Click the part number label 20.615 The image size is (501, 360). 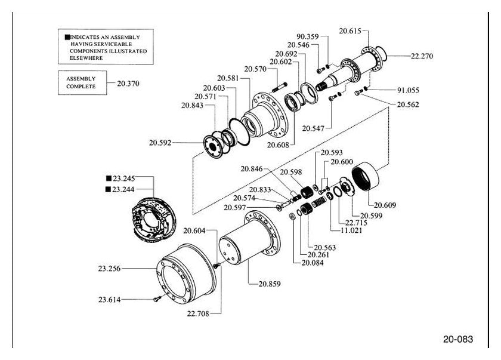coord(350,31)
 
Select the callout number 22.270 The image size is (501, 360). coord(422,56)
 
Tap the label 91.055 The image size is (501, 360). coord(408,90)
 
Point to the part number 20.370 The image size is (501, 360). coord(128,84)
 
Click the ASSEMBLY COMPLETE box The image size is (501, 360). coord(82,83)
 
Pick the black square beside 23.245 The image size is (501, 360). coord(109,179)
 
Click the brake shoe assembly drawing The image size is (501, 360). coord(153,220)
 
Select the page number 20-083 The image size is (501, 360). coord(458,339)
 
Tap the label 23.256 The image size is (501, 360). coord(109,269)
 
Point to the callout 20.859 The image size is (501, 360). coord(270,284)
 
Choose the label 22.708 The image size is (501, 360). coord(198,313)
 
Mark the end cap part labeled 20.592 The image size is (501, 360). coord(213,147)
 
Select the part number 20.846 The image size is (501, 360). coord(252,169)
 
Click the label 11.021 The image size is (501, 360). coord(351,230)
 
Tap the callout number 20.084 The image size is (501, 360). coord(313,263)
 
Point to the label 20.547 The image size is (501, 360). coord(313,128)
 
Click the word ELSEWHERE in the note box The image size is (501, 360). coord(86,58)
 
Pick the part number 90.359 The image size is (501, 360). coord(308,37)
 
